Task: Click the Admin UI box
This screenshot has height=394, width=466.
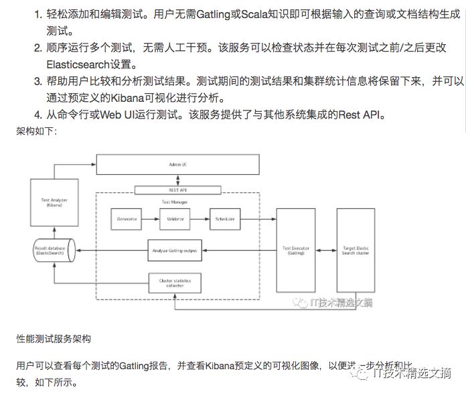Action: click(x=177, y=163)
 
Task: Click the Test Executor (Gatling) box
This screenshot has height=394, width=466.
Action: click(x=295, y=250)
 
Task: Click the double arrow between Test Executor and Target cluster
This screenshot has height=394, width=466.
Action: click(x=325, y=250)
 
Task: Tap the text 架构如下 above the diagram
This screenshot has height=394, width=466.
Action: click(x=37, y=131)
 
